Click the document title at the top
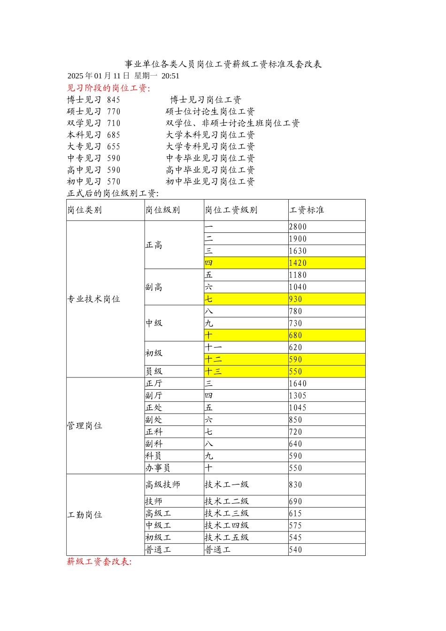pyautogui.click(x=223, y=64)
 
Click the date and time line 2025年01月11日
pyautogui.click(x=123, y=76)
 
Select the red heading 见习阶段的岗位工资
pyautogui.click(x=108, y=88)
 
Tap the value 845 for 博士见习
pyautogui.click(x=114, y=100)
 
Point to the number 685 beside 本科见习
pyautogui.click(x=114, y=135)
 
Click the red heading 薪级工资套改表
pyautogui.click(x=99, y=562)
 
